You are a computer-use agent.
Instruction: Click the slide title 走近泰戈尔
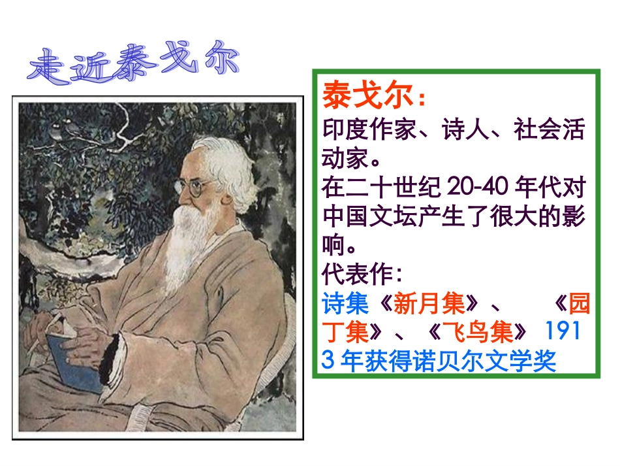[x=134, y=66]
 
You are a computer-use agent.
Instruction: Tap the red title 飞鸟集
[x=483, y=333]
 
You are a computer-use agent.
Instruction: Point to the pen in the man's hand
[x=36, y=333]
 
